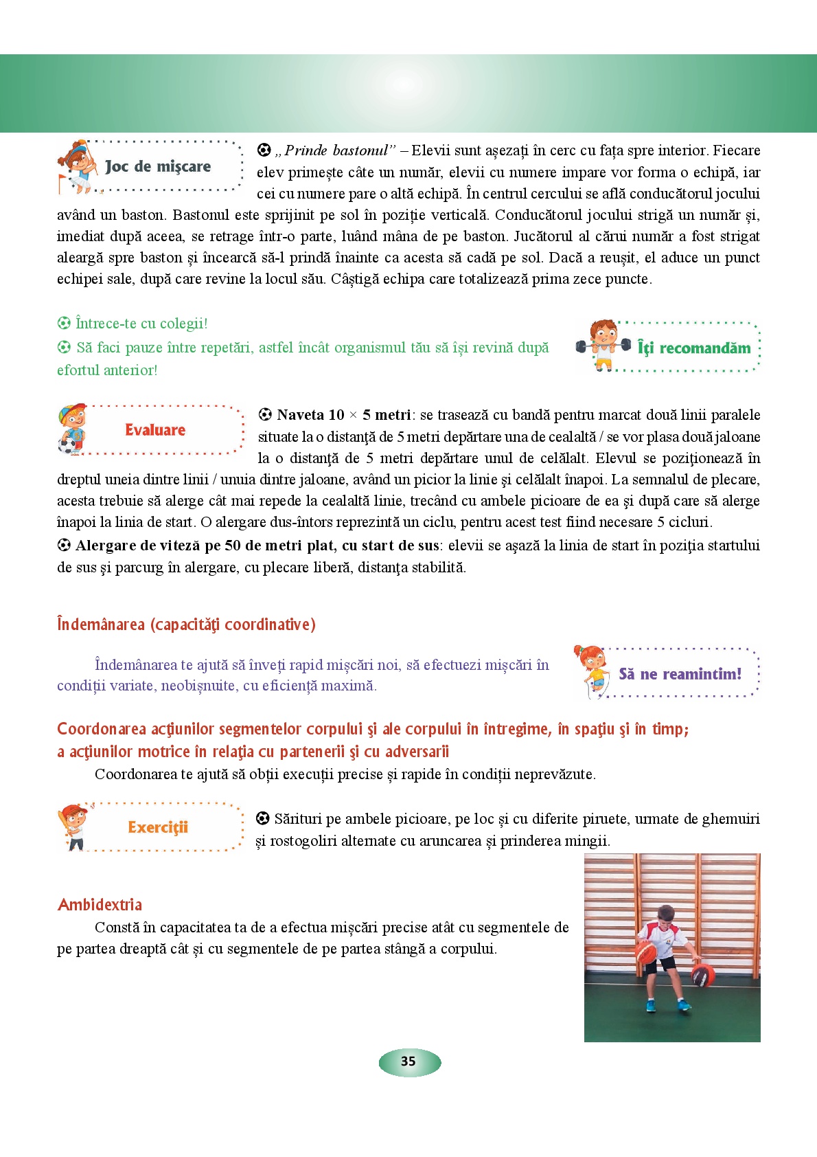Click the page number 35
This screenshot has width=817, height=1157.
coord(408,1061)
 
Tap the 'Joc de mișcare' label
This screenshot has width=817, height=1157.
coord(158,166)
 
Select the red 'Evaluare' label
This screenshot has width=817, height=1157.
coord(155,430)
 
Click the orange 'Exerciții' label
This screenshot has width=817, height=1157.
coord(158,827)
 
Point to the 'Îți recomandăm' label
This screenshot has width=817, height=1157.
coord(694,348)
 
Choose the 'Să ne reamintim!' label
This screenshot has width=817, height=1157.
coord(680,674)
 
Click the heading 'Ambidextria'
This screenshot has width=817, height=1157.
coord(100,905)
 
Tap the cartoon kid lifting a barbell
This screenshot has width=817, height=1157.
coord(603,344)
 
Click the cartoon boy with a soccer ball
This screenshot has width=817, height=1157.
coord(71,429)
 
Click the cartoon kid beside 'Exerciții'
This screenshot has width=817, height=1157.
coord(75,827)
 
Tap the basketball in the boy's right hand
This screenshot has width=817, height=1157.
coord(646,952)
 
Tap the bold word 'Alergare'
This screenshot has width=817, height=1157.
coord(106,546)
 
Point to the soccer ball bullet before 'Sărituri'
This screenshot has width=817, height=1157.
coord(262,818)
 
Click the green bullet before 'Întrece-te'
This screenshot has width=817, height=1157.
coord(64,323)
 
